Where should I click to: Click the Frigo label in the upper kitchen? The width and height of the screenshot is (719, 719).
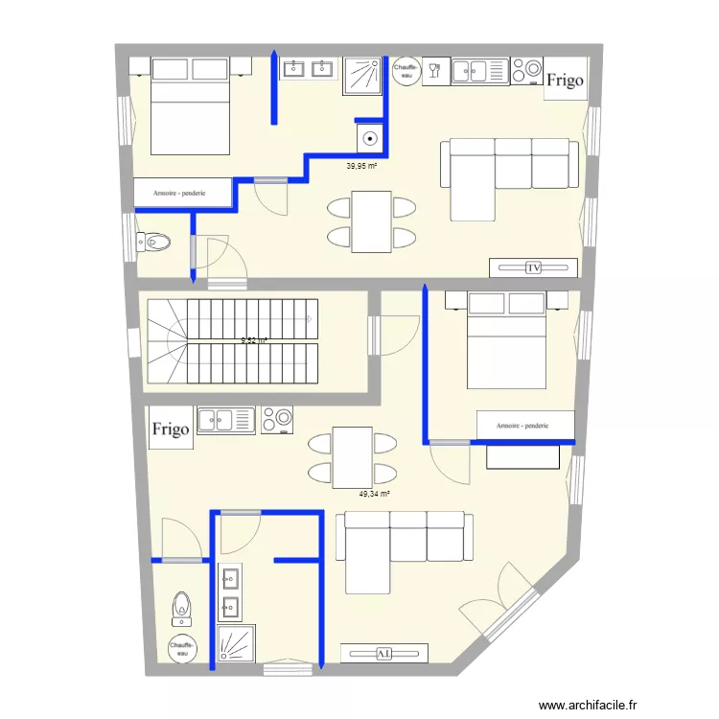point(565,81)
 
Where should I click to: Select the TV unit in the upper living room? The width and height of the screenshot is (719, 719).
point(533,267)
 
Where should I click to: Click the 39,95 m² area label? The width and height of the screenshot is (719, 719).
point(361,165)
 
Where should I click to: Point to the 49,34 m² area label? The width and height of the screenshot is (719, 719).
point(375,494)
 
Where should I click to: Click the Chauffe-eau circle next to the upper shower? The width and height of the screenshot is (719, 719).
point(406,72)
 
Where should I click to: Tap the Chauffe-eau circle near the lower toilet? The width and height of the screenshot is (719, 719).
point(182,650)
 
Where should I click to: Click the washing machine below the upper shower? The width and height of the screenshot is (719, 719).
point(370,139)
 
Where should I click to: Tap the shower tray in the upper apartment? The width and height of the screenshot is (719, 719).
point(362,76)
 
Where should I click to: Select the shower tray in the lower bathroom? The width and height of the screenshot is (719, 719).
point(236,644)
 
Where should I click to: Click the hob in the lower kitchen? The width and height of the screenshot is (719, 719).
point(277,420)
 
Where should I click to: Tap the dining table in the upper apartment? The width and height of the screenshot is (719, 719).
point(371,221)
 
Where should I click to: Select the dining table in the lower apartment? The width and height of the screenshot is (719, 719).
point(352,457)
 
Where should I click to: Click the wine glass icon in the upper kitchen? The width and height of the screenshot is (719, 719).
point(435,69)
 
